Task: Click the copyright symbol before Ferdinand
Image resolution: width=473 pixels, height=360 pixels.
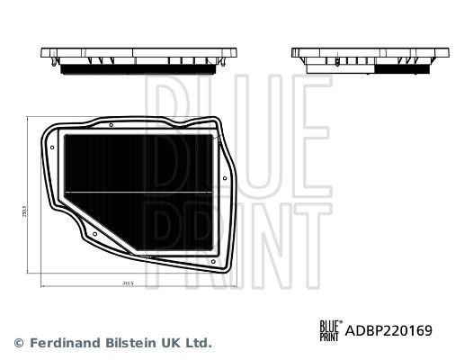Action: (x=19, y=343)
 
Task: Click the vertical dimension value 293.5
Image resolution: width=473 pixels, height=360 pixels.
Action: (x=26, y=212)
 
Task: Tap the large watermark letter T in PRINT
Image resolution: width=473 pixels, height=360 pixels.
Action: (x=305, y=243)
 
